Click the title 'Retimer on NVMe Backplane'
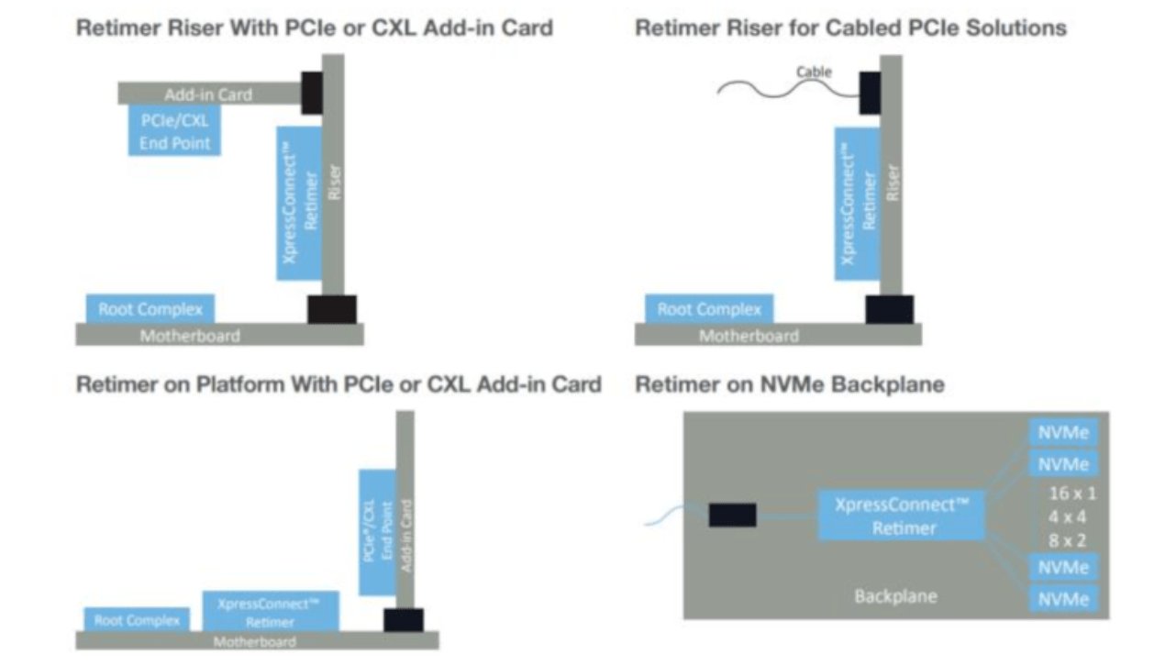(789, 384)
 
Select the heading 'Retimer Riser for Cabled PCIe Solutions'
(850, 28)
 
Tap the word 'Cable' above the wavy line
(814, 72)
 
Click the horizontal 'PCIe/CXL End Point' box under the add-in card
(174, 131)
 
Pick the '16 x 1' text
(1071, 493)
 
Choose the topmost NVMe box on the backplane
(1064, 430)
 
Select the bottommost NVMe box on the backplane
(1064, 599)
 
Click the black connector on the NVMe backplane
(732, 515)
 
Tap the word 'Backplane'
(895, 596)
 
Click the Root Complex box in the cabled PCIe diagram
(709, 309)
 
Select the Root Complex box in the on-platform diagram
(137, 620)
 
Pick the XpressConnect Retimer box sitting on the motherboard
(270, 612)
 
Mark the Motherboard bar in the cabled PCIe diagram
(778, 336)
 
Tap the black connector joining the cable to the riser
(870, 94)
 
